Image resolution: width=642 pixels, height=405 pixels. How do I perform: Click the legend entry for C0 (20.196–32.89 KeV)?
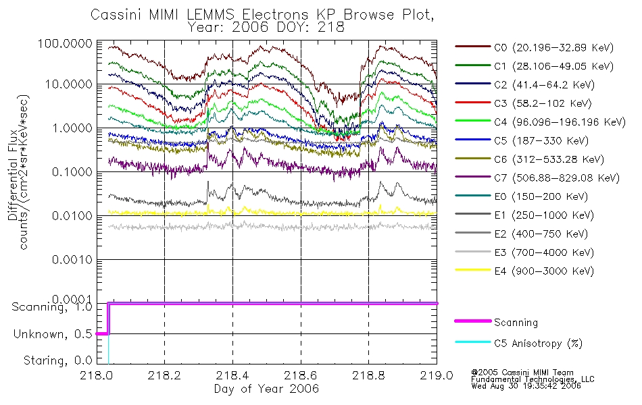(x=535, y=47)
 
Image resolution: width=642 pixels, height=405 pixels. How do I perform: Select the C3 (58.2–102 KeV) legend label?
(x=523, y=103)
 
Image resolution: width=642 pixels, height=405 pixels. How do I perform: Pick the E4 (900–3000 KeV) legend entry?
(x=524, y=271)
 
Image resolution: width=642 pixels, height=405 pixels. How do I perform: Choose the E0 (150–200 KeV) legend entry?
(x=522, y=196)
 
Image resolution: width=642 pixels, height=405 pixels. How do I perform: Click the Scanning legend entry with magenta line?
(x=496, y=322)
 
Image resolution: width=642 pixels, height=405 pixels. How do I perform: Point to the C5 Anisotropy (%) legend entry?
(x=519, y=343)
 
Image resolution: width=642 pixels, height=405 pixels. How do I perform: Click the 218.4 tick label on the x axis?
(x=232, y=375)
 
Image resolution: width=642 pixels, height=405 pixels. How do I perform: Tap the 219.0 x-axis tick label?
(x=437, y=375)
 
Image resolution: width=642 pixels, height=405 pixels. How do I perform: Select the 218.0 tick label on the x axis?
(x=97, y=375)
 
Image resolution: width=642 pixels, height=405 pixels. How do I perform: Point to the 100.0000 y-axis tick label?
(x=66, y=43)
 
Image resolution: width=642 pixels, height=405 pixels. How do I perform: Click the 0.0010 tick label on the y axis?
(x=72, y=259)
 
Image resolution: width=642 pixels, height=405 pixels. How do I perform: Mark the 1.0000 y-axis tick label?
(x=72, y=128)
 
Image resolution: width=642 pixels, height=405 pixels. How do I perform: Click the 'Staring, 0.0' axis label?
(x=57, y=360)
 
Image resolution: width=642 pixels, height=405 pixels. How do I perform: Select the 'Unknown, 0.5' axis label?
(x=53, y=334)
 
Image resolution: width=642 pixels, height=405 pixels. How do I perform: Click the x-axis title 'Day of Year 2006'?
(x=266, y=389)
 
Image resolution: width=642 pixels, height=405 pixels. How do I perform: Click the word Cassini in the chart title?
(x=116, y=15)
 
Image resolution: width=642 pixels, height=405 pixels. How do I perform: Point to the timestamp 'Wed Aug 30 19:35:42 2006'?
(x=526, y=385)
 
